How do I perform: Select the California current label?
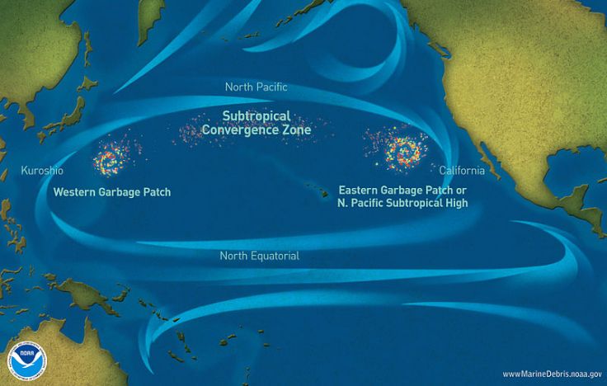point(457,170)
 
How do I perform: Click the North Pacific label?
point(256,87)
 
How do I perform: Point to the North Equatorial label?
point(259,256)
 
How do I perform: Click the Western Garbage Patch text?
point(111,191)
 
